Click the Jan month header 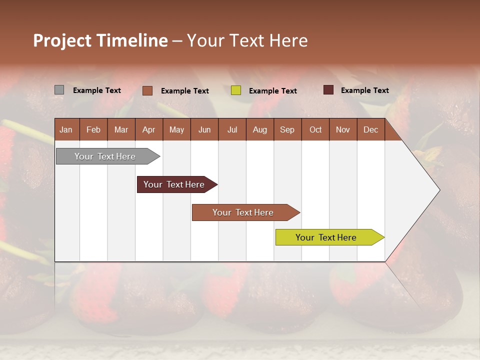coord(66,129)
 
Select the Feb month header coord(93,129)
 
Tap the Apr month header coord(149,129)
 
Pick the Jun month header coord(204,129)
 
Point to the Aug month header coord(260,129)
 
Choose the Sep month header coord(287,129)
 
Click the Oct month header coord(315,129)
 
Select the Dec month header coord(371,129)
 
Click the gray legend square coord(59,90)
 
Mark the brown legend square coord(147,90)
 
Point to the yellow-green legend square coord(236,90)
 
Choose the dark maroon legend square coord(328,90)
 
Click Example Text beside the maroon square coord(364,90)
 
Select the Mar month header coord(121,129)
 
